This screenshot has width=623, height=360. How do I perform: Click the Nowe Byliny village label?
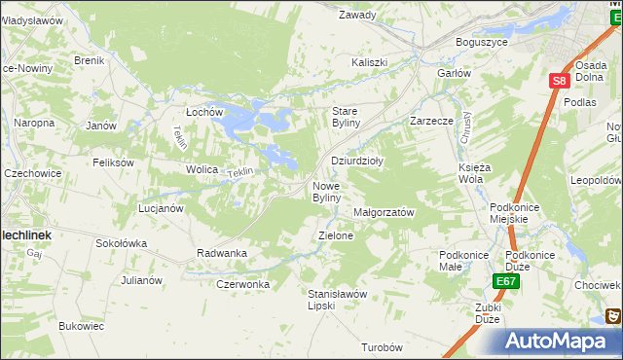[x=326, y=192]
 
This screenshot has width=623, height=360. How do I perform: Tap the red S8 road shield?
[x=557, y=83]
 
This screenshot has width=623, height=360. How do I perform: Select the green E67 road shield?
[x=504, y=281]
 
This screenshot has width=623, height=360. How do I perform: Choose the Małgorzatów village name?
[x=385, y=212]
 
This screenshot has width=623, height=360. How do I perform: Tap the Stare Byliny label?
[x=347, y=117]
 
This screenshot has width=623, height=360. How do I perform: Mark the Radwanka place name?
[x=222, y=253]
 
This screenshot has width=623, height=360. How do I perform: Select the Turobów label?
[x=382, y=347]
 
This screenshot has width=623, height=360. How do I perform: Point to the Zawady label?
[x=357, y=16]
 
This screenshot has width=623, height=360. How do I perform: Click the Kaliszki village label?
[x=370, y=63]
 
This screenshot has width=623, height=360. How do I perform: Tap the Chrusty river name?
[x=465, y=128]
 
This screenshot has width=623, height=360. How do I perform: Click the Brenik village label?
[x=89, y=60]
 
